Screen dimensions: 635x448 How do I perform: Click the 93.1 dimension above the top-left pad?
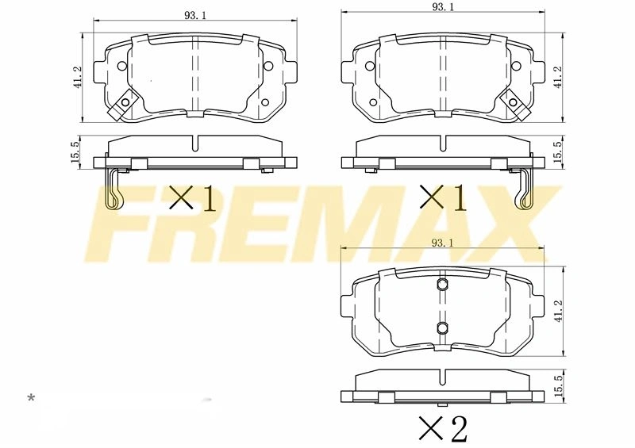tap(195, 15)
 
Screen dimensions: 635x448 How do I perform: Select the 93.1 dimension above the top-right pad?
tap(443, 8)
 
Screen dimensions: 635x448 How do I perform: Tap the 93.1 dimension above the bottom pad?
tap(443, 243)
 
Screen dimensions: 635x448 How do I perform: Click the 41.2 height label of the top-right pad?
tap(558, 77)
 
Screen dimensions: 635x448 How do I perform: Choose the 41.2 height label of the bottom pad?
tap(559, 311)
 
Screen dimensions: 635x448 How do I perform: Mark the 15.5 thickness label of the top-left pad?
tap(75, 151)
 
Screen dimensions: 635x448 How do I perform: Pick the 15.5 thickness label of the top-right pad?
tap(558, 151)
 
